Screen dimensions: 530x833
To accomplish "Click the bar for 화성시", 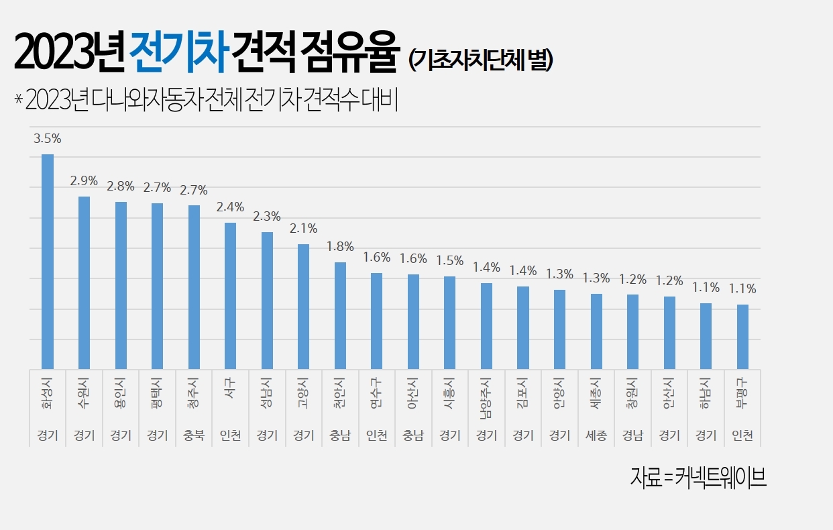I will click(x=48, y=262).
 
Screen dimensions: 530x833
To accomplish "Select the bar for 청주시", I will click(x=194, y=287).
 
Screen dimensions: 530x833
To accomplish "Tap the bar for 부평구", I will click(x=742, y=337).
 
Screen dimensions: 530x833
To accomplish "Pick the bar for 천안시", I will click(x=340, y=315).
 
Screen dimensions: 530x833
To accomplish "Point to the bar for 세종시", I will click(x=596, y=331).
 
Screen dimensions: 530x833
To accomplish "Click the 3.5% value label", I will click(x=48, y=139).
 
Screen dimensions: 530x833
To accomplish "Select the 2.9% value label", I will click(x=84, y=181).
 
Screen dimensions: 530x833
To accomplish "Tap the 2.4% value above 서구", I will click(x=230, y=207).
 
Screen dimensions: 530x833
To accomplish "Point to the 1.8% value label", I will click(x=340, y=246).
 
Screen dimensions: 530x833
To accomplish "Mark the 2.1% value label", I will click(x=303, y=228).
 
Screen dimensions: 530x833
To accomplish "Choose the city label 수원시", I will click(x=84, y=396).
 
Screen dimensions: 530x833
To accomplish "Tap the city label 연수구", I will click(x=376, y=396).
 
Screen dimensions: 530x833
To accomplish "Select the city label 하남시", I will click(x=706, y=396).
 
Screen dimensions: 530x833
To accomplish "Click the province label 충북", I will click(x=194, y=436).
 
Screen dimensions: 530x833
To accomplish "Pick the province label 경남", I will click(x=632, y=436).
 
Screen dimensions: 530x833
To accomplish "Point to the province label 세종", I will click(x=596, y=436).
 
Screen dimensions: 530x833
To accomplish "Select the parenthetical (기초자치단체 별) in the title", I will click(x=480, y=60).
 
